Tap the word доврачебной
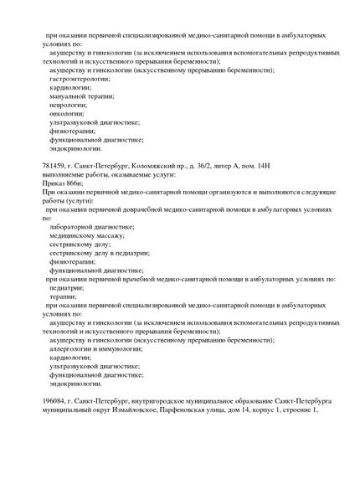148,209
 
